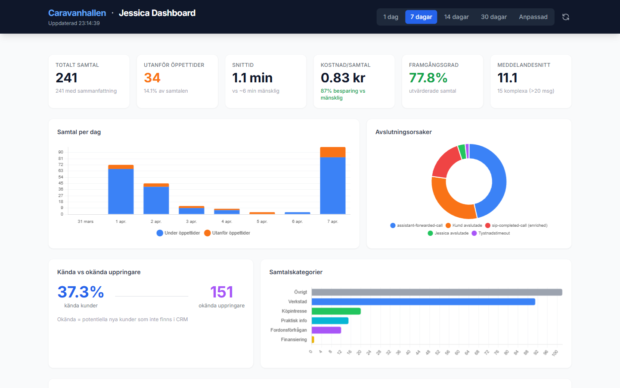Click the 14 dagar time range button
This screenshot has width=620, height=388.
[x=456, y=17]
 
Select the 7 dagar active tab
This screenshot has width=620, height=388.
[x=421, y=17]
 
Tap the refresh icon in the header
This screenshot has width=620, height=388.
[x=566, y=17]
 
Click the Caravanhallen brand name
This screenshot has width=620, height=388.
[x=77, y=13]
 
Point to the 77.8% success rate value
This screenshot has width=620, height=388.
[x=428, y=78]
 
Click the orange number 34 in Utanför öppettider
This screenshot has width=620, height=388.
[x=152, y=78]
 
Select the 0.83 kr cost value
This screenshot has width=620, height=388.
[x=343, y=78]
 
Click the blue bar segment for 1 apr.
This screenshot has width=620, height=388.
[x=121, y=191]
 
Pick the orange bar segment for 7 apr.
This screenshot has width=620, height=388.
[x=332, y=152]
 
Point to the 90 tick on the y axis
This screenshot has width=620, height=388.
[x=61, y=152]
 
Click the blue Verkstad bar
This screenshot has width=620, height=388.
[x=423, y=302]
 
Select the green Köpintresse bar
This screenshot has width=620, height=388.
[x=336, y=311]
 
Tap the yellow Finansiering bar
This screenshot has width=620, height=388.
[x=313, y=340]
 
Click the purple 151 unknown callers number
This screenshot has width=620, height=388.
[x=221, y=292]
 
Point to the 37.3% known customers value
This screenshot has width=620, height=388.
[x=81, y=292]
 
